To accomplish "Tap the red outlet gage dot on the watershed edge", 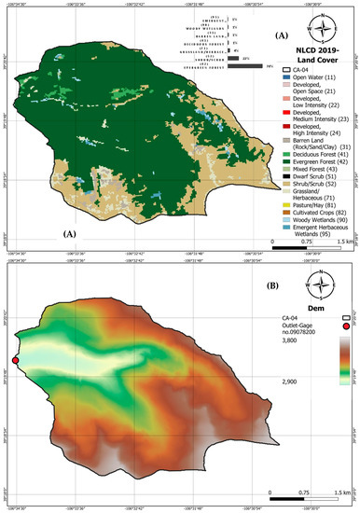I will pyautogui.click(x=15, y=361).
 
